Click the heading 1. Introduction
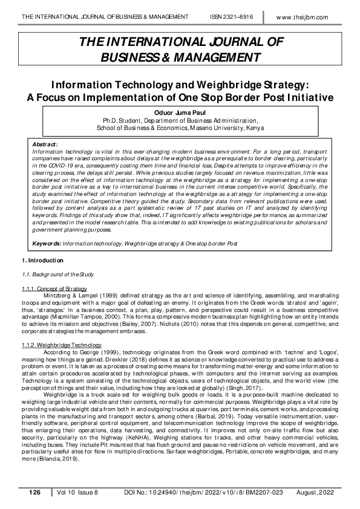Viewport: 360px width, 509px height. (42, 261)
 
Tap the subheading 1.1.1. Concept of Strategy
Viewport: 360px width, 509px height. (54, 288)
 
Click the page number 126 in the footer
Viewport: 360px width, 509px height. (34, 493)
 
